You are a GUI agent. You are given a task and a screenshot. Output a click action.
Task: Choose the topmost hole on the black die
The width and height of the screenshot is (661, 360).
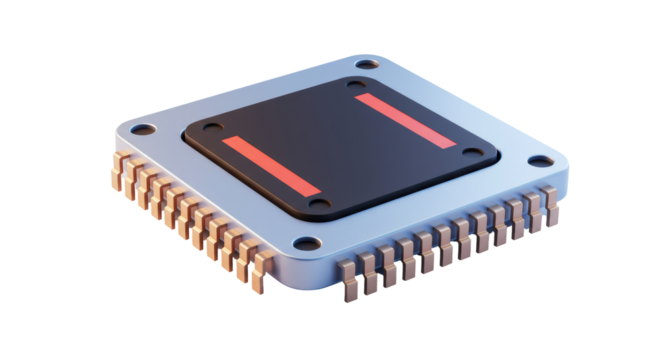(356, 86)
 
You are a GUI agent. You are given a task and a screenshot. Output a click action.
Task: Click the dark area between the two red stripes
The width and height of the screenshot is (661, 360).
(340, 145)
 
